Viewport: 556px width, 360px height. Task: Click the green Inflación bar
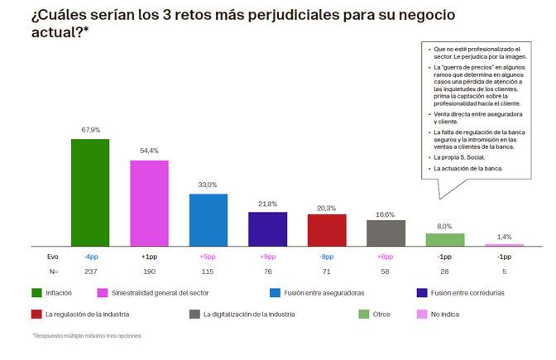click(x=90, y=192)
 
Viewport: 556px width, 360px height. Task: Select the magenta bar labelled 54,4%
click(x=150, y=203)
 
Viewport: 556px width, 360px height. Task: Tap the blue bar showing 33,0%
click(x=208, y=219)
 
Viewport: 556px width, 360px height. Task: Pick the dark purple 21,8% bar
click(x=268, y=229)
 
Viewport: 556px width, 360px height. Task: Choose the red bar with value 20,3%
click(x=327, y=230)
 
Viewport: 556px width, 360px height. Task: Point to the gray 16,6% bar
click(x=386, y=233)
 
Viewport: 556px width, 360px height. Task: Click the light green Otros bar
click(x=445, y=239)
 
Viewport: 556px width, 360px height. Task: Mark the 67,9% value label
click(x=90, y=130)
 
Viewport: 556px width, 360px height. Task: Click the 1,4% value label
click(x=504, y=237)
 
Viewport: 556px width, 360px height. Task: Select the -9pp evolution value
click(x=327, y=257)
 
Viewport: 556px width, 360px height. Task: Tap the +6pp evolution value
click(x=386, y=257)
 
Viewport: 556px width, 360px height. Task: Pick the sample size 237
click(x=90, y=271)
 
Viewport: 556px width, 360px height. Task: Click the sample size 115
click(x=208, y=271)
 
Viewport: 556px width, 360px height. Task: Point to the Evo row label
click(x=53, y=257)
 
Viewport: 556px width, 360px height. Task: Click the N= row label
click(x=53, y=271)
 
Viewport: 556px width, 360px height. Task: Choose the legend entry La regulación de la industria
click(x=88, y=314)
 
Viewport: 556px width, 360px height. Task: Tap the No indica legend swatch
click(x=423, y=314)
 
